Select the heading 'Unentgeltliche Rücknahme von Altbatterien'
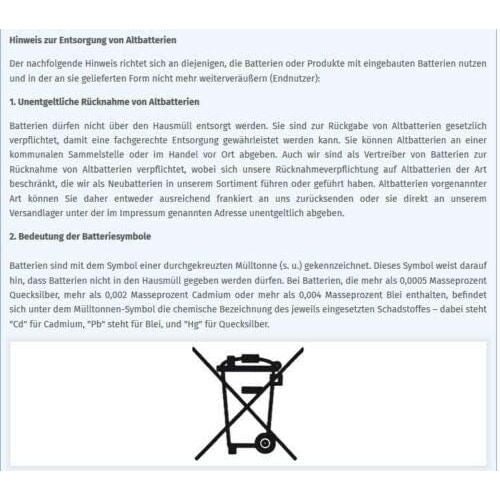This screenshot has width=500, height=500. coord(109,102)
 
